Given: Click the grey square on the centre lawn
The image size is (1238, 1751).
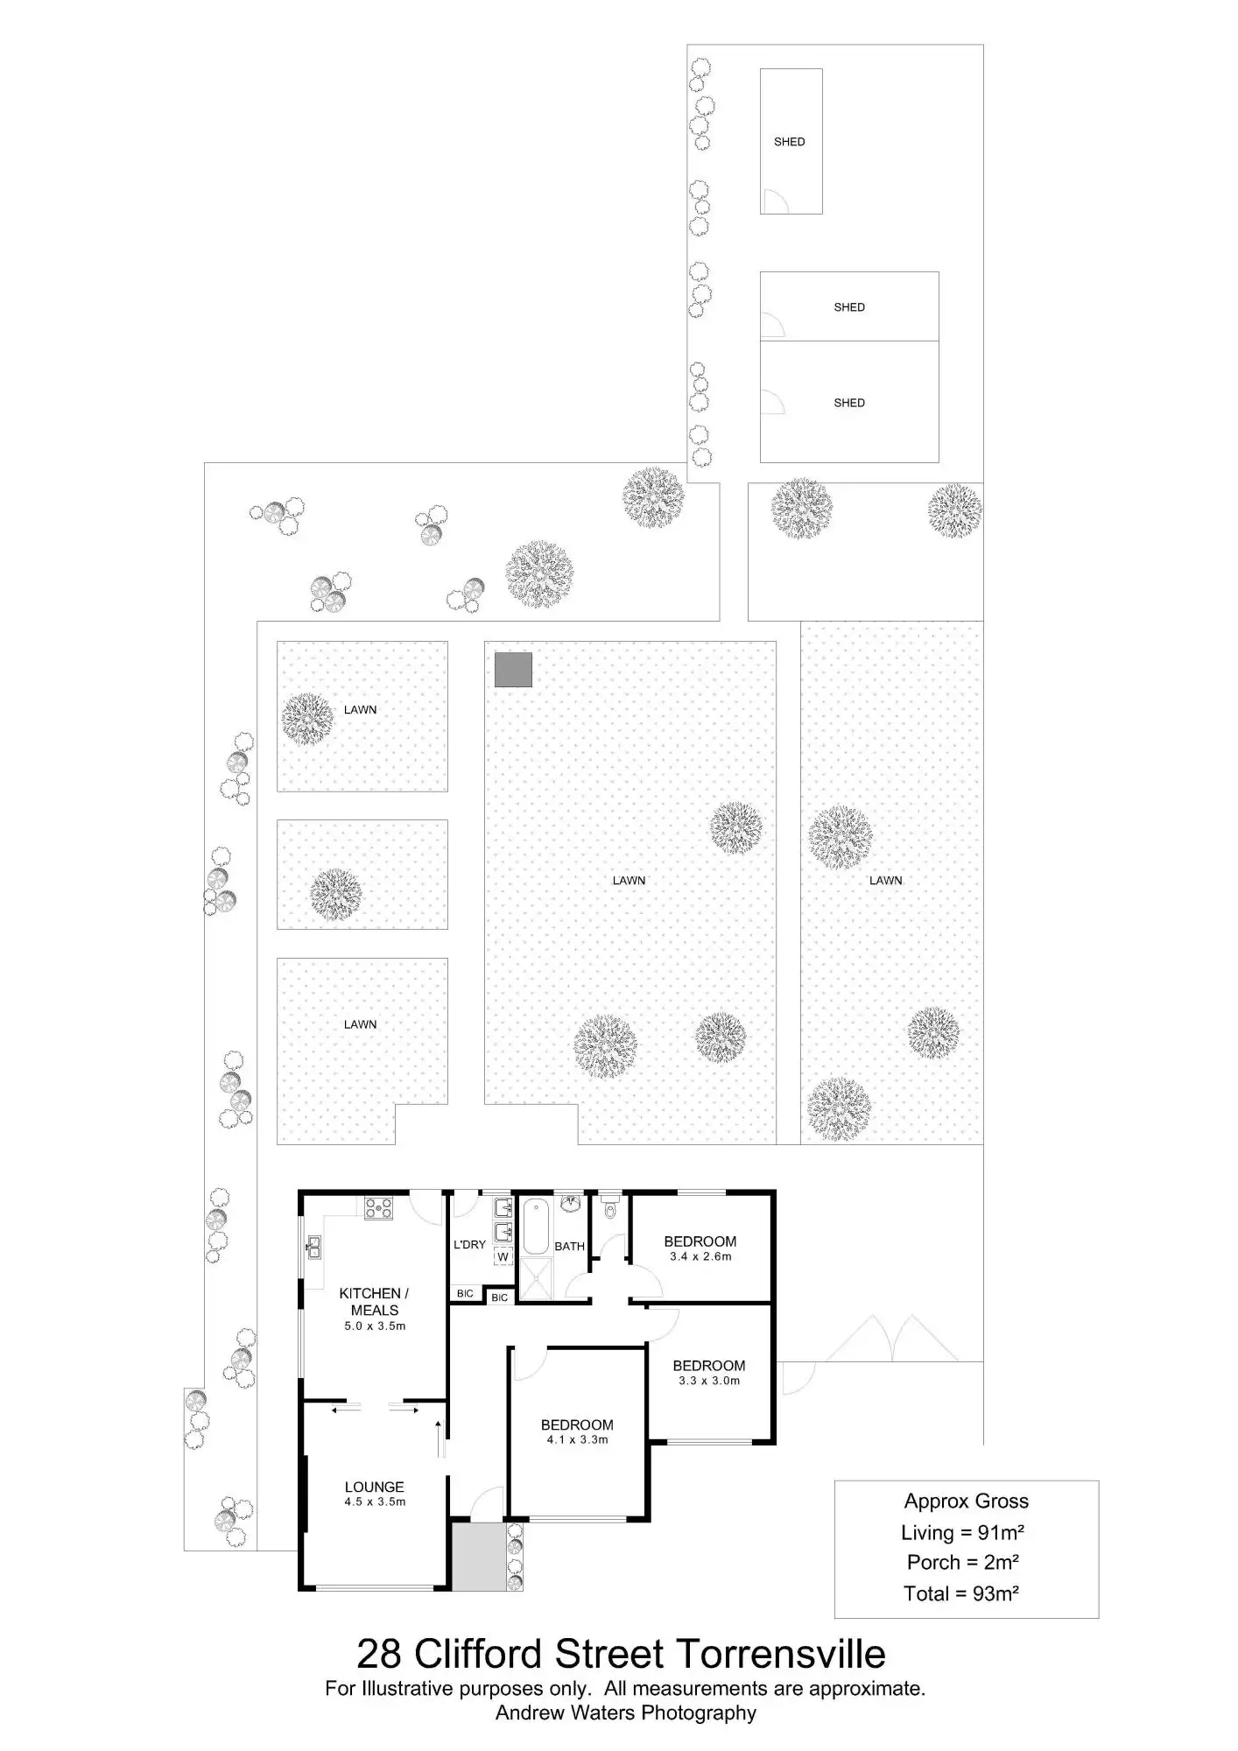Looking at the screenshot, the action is tap(513, 669).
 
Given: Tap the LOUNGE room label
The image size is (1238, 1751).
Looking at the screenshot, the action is tap(374, 1487).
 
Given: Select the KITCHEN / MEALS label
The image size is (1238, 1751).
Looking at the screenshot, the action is tap(374, 1302).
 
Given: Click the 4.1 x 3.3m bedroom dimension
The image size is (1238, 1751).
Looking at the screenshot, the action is tap(577, 1439).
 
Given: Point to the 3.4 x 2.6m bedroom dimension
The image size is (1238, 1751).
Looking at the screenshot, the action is tap(700, 1256).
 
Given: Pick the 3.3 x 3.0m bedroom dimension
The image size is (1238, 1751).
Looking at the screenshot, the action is tap(708, 1381).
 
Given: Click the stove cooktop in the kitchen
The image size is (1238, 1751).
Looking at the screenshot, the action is tap(379, 1208).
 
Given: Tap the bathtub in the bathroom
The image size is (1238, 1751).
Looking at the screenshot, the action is tap(533, 1227).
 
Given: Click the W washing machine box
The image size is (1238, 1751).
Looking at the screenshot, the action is tap(503, 1256).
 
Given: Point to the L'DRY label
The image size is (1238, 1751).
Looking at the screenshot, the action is tap(469, 1244).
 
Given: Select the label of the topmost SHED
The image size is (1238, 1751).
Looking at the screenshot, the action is tap(789, 142).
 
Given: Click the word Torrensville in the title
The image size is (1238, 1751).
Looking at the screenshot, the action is tap(780, 1655).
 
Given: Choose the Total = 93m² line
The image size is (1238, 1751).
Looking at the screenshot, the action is tap(960, 1593).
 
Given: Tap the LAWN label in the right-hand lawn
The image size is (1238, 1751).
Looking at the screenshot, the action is tap(885, 881).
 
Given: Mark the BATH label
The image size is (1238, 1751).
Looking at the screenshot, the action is tap(569, 1246).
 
